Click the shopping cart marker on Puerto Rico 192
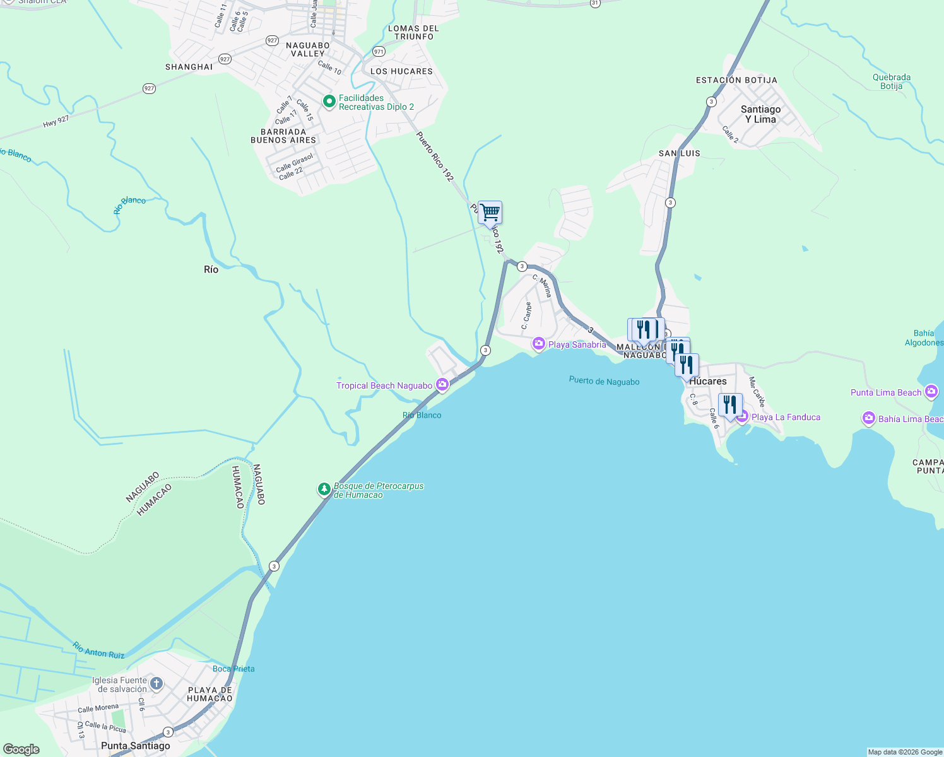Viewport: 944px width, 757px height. coord(490,214)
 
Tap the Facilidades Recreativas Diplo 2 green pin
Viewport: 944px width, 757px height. coord(329,102)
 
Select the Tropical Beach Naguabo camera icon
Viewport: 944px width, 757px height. coord(442,384)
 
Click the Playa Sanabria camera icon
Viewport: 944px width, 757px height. coord(539,343)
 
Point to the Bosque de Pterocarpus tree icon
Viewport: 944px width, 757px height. coord(324,490)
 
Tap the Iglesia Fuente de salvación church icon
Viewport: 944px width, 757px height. coord(156,683)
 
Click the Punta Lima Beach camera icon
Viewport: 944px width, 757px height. coord(931,392)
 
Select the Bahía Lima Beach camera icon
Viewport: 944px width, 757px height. coord(869,418)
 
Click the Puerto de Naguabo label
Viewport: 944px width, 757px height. coord(604,381)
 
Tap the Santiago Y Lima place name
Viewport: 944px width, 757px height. coord(760,114)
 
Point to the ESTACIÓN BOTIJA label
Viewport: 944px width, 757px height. coord(736,80)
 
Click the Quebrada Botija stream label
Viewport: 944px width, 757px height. coord(891,81)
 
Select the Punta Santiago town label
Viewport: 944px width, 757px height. coord(136,746)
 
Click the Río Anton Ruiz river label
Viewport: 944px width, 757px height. coord(98,650)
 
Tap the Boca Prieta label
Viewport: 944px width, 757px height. coord(233,669)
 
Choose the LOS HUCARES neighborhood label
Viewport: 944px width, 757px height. coord(401,71)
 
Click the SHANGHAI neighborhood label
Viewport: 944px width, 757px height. coord(189,67)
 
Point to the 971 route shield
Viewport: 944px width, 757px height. coord(379,52)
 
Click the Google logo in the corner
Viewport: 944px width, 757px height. coord(21,749)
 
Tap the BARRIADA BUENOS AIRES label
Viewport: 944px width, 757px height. coord(283,136)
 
